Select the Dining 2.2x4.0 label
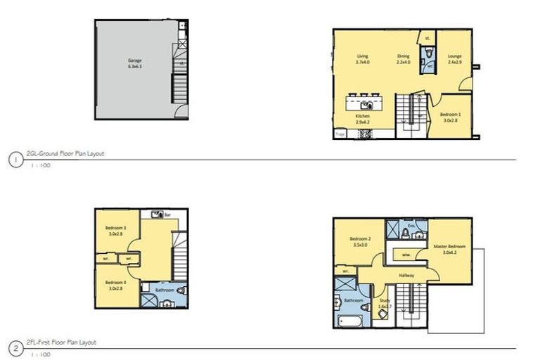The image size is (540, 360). tap(403, 58)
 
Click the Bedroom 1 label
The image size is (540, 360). tap(451, 116)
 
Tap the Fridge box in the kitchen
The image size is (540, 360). tap(340, 133)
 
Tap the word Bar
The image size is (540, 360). tap(168, 212)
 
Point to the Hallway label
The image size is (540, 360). tap(406, 276)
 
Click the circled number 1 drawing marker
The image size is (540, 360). tap(15, 160)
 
